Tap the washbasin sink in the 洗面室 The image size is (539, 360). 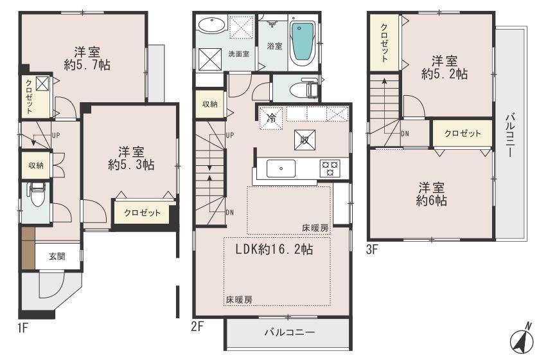210,27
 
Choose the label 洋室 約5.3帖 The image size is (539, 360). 130,158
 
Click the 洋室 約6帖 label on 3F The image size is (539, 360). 432,194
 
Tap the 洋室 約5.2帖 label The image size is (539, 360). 444,67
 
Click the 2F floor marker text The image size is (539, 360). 197,326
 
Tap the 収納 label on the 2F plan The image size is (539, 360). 209,104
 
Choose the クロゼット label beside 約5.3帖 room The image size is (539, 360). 142,212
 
